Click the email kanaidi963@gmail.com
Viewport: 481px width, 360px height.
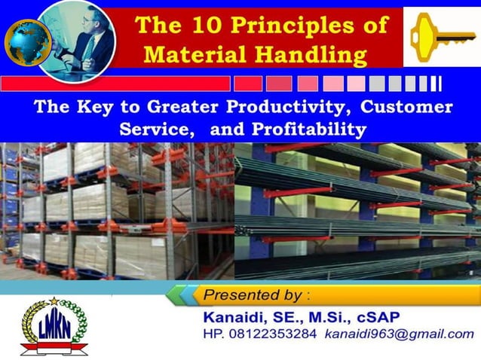click(x=399, y=334)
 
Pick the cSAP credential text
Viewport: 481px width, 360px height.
click(x=381, y=314)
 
